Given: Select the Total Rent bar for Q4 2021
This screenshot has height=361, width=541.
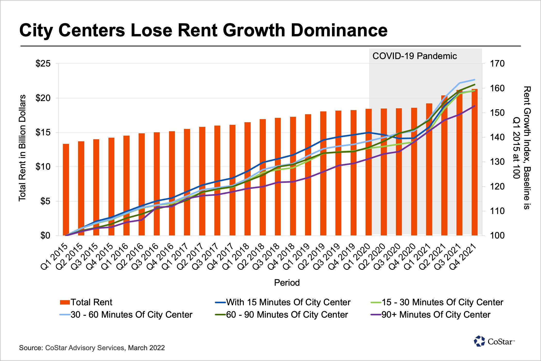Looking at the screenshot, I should point(475,162).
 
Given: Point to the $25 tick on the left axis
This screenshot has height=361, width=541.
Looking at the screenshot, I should point(43,64).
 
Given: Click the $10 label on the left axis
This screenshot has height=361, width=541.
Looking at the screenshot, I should point(43,167).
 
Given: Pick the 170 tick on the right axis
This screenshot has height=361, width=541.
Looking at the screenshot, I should point(497,64).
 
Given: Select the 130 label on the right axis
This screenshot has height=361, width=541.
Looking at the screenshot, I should point(497,162).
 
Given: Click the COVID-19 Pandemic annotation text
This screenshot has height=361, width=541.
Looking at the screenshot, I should point(415,56).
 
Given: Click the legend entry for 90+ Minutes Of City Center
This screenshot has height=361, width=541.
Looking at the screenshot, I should point(436,315).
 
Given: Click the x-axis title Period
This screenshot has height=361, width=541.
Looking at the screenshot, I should point(287,283).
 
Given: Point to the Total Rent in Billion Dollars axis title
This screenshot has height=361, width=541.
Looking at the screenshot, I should point(22,148).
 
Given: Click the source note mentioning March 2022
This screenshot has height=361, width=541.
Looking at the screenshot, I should point(92,348).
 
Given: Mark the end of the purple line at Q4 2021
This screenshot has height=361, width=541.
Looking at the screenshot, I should point(475,106).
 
